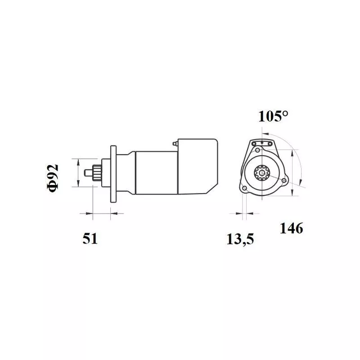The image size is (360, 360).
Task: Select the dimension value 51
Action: tap(90, 238)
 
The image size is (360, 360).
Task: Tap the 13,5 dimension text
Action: tap(240, 239)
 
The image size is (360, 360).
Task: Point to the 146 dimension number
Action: tap(291, 228)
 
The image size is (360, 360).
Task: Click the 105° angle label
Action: tap(273, 116)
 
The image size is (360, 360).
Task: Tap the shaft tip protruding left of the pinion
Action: tap(88, 173)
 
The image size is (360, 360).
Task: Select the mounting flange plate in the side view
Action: tap(113, 174)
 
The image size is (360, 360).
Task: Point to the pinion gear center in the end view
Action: tap(262, 173)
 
